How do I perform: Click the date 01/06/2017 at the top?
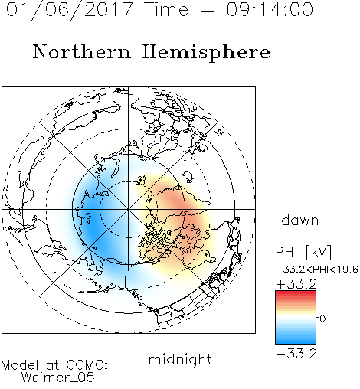point(70,9)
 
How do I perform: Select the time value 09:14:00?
point(270,9)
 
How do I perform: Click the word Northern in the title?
point(82,52)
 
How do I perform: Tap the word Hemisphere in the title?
point(206,53)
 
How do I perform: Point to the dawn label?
point(300,220)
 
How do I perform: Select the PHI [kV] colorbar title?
point(304,252)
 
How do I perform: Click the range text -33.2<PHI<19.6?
point(317,270)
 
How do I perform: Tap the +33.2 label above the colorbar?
point(296,284)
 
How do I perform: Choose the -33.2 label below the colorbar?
point(296,354)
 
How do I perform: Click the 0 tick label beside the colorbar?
point(322,319)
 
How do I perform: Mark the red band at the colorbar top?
point(296,293)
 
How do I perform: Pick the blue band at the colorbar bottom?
point(296,341)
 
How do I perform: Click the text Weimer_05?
point(58,378)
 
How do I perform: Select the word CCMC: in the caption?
point(87,365)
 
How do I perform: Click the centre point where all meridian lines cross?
point(129,209)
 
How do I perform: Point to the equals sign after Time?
point(208,10)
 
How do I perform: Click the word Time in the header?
point(166,9)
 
